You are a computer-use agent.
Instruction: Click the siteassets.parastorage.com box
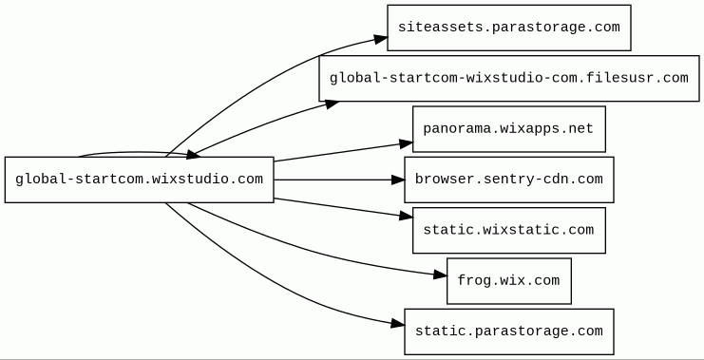click(508, 28)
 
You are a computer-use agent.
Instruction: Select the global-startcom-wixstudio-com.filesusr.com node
click(508, 79)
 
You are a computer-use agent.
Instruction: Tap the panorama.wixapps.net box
click(508, 129)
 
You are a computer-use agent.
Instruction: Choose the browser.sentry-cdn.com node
click(508, 180)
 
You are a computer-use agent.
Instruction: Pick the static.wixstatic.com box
click(508, 230)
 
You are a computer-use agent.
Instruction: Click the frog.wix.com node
click(508, 281)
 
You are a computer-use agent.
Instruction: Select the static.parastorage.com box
click(508, 332)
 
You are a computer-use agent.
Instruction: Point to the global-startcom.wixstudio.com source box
click(139, 180)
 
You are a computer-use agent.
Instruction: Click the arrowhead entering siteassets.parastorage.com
click(381, 39)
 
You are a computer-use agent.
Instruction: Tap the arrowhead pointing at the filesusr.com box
click(333, 104)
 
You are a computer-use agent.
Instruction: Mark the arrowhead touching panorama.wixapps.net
click(407, 143)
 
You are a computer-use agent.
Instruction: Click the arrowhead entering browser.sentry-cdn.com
click(398, 180)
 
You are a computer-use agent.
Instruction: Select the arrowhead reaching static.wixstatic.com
click(407, 216)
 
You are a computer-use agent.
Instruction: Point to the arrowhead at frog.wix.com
click(441, 275)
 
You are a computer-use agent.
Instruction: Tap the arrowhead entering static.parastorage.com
click(398, 324)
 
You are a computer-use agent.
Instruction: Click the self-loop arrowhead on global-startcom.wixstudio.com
click(193, 155)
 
